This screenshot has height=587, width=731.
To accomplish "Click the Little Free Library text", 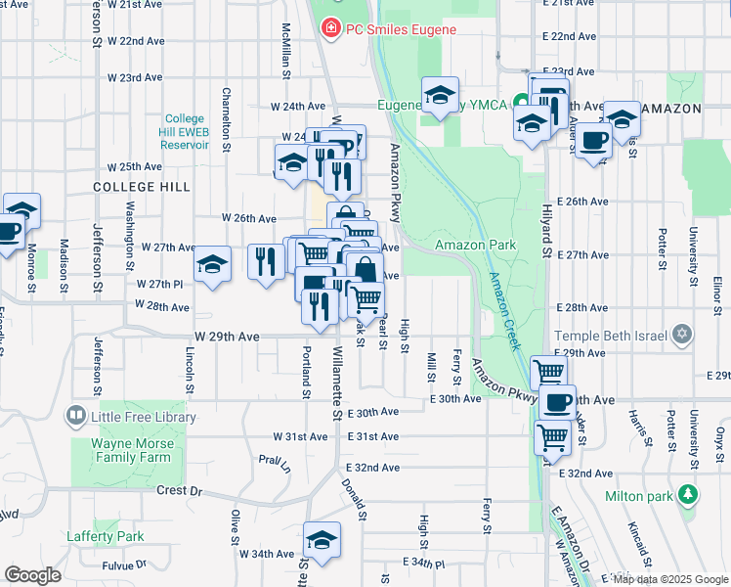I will coord(145,417).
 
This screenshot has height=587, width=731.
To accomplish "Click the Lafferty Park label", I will coord(105,536).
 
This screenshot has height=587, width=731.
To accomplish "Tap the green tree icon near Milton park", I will coord(690,492).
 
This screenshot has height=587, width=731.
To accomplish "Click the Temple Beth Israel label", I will coord(612,335).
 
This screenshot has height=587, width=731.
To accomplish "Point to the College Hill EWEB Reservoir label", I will coord(184,131).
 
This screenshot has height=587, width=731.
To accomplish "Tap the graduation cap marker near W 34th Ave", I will coord(321,540).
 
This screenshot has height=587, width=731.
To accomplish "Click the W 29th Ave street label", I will coord(227,337).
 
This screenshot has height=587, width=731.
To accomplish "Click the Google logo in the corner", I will coord(32,575).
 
